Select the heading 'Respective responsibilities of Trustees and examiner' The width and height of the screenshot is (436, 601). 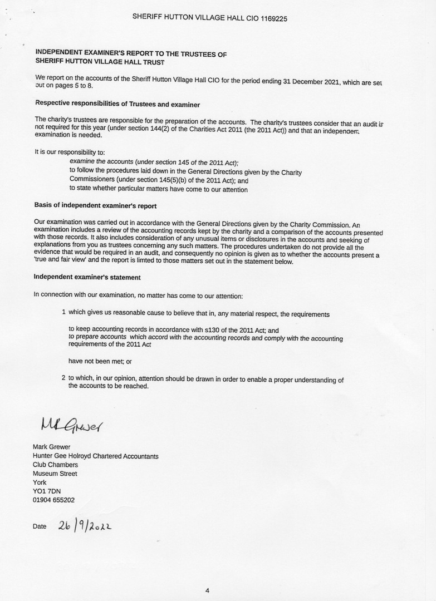click(117, 104)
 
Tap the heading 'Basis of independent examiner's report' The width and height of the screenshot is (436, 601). click(95, 206)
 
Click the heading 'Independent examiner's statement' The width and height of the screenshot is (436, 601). click(87, 277)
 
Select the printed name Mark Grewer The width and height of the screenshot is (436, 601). click(52, 447)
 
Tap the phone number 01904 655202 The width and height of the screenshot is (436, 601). click(53, 500)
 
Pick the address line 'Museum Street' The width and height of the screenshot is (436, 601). click(55, 474)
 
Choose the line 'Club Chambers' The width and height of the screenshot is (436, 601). click(55, 465)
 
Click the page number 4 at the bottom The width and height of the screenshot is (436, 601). click(207, 591)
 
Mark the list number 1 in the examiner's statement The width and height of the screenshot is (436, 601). click(64, 313)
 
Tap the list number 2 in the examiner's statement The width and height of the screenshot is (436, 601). click(63, 378)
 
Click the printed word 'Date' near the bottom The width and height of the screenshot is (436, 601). click(40, 526)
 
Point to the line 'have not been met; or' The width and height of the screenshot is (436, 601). click(100, 361)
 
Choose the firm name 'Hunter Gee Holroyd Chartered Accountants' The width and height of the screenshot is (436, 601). click(96, 456)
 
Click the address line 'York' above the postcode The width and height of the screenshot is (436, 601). click(40, 482)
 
